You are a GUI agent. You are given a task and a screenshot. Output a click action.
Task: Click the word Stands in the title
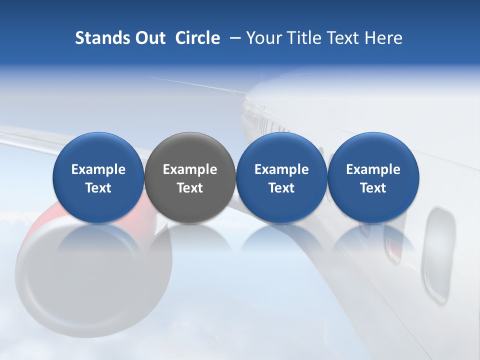tap(99, 38)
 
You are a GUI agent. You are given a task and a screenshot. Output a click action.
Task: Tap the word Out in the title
tap(148, 38)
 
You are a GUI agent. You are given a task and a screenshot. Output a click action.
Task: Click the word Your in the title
tap(262, 38)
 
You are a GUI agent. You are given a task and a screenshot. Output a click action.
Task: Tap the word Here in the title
tap(384, 38)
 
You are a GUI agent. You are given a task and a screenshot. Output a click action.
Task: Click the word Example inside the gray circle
tap(190, 169)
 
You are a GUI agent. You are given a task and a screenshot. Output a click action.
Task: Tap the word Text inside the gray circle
tap(190, 188)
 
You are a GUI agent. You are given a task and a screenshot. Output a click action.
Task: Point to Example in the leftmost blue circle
tap(98, 169)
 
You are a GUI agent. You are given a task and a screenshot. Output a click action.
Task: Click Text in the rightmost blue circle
tap(373, 188)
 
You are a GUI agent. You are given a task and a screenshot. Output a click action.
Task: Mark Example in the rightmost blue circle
tap(373, 169)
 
